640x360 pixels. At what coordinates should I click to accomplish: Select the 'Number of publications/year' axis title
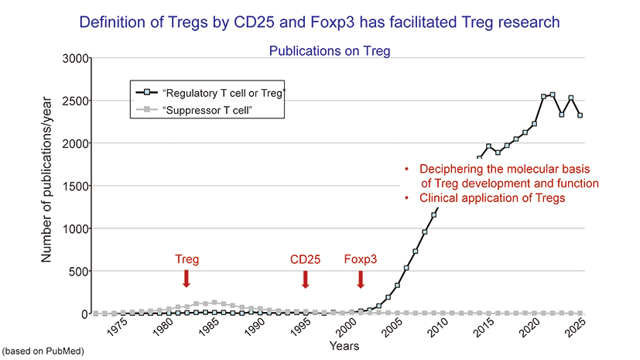tap(47, 186)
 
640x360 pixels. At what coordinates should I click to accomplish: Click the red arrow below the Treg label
tap(187, 279)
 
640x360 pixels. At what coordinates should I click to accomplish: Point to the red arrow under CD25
tap(306, 279)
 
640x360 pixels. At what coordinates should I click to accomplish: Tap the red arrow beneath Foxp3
tap(361, 279)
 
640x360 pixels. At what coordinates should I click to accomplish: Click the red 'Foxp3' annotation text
tap(361, 259)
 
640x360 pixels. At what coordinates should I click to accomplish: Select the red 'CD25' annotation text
tap(306, 259)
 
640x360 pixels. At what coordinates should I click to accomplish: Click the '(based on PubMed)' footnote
tap(43, 351)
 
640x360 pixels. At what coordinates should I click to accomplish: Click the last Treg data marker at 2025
tap(580, 115)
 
